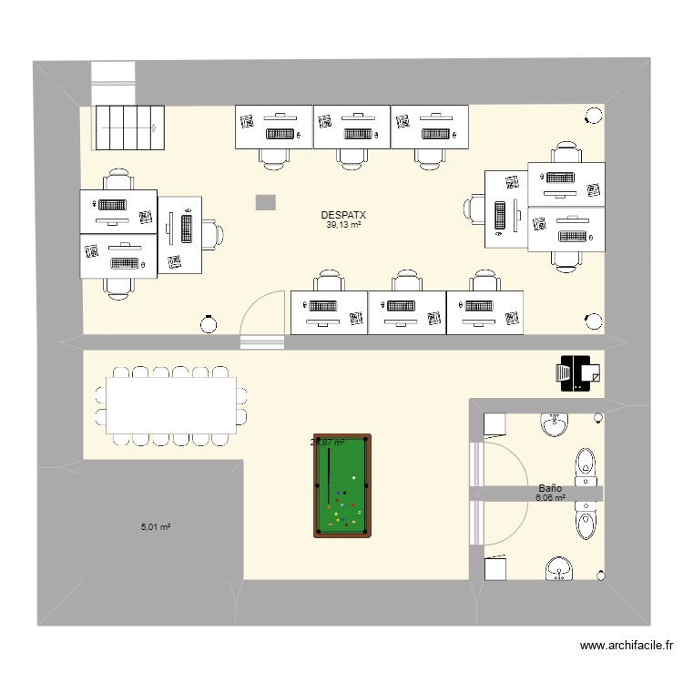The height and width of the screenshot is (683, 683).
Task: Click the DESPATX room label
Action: (343, 215)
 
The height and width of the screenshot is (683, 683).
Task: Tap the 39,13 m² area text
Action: (343, 225)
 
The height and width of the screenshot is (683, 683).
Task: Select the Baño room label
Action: (549, 489)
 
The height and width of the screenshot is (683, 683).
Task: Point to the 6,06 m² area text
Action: (550, 499)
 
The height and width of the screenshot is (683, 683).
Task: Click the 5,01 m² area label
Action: (156, 526)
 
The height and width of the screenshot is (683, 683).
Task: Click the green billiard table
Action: (342, 485)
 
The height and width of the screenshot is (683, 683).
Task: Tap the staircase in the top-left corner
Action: (130, 127)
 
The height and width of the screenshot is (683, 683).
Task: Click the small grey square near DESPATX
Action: (265, 202)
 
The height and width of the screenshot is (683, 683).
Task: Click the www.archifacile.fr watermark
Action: (626, 646)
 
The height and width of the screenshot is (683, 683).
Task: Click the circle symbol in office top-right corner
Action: (594, 115)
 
